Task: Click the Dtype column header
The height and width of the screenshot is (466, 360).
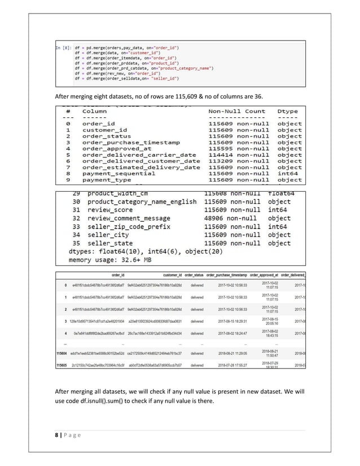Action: (x=289, y=112)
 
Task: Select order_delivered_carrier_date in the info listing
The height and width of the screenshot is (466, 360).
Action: (x=139, y=155)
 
